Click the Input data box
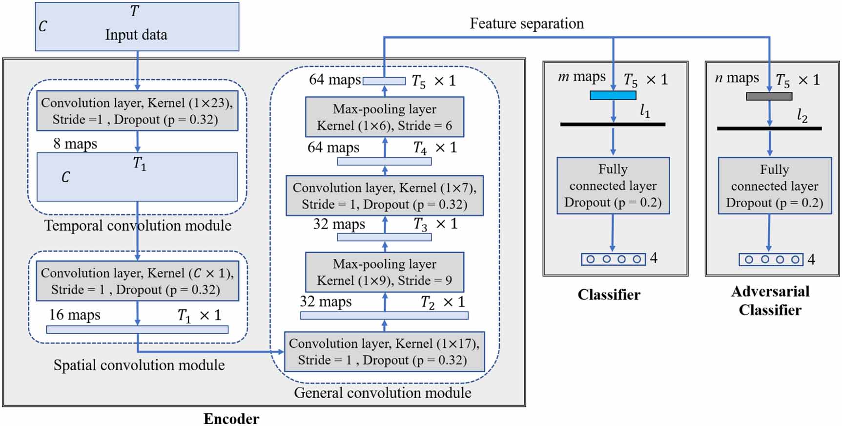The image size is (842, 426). coord(137,27)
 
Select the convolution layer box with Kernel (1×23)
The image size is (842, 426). coord(137,111)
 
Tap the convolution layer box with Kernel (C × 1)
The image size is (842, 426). coord(137,281)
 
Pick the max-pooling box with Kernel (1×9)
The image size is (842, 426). coord(384,272)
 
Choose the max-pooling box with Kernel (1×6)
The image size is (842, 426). coord(384,117)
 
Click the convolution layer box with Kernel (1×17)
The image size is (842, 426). coord(384,352)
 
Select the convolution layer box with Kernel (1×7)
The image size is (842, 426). coord(384,196)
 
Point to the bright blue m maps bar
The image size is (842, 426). coord(613,96)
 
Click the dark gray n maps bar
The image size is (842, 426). coord(769,97)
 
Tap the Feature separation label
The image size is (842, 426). coord(526,23)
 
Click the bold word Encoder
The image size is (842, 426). coord(231,419)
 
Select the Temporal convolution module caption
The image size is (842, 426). coord(138,226)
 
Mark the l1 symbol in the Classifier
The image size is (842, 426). coord(645,111)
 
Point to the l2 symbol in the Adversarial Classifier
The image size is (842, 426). coord(802,115)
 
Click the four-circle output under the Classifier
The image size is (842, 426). coord(613,259)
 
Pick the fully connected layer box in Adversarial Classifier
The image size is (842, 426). coord(774,186)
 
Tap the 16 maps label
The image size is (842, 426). coord(74,315)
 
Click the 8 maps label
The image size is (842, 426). coord(75,144)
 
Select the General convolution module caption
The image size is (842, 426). coord(382,393)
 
